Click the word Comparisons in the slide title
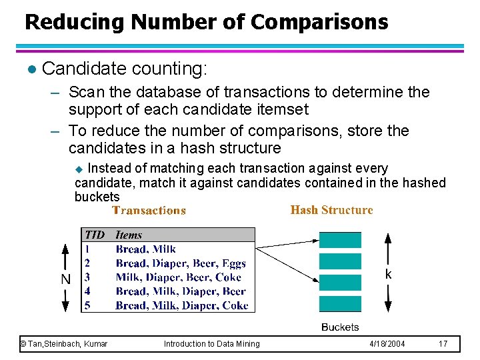[319, 23]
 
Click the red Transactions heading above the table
[149, 211]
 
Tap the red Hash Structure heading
[331, 210]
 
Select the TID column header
[95, 235]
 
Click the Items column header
[129, 235]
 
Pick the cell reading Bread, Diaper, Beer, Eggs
[181, 263]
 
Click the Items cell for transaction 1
[146, 249]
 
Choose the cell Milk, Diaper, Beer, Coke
[178, 277]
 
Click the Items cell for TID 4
[181, 291]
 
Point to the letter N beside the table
[66, 279]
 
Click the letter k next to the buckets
[389, 275]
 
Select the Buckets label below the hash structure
[340, 327]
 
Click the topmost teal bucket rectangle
[340, 240]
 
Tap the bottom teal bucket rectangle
[340, 305]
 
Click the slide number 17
[443, 344]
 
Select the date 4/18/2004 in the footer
[387, 344]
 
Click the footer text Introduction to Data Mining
[212, 344]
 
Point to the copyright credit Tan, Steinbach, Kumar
[64, 344]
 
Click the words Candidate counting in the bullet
[125, 68]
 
